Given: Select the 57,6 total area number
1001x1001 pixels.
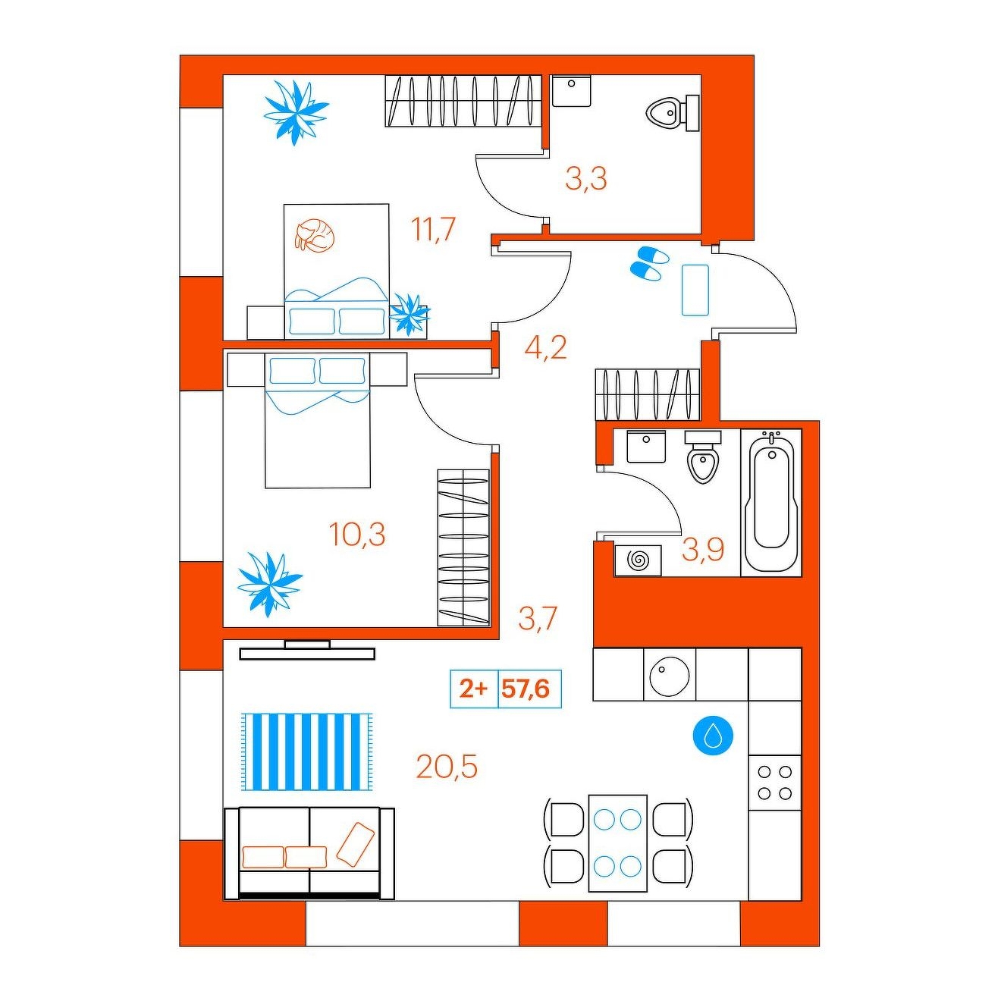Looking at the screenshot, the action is click(x=526, y=689).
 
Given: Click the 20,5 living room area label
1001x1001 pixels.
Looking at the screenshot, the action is click(x=446, y=767).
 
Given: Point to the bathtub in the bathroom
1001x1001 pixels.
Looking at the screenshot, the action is click(x=771, y=502).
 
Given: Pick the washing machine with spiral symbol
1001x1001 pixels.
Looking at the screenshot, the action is click(x=638, y=560).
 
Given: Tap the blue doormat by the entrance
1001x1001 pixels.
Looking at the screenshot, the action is click(x=695, y=290).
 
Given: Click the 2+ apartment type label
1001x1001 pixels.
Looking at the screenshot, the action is click(x=474, y=689).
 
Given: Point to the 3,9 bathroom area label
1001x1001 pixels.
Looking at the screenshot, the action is click(x=703, y=550).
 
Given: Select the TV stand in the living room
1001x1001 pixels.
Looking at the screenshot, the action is click(x=307, y=650).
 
